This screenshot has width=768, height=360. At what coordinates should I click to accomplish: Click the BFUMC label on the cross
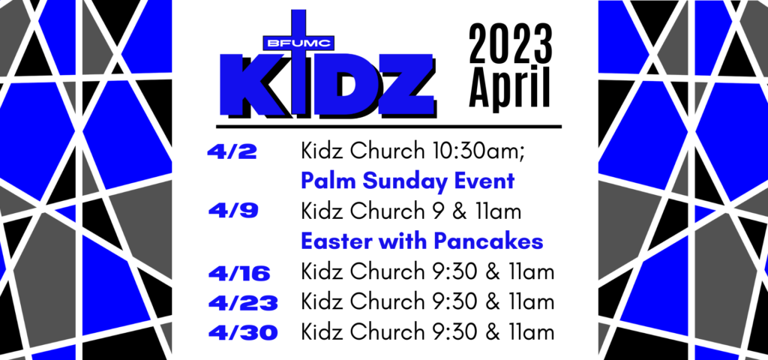point(298,43)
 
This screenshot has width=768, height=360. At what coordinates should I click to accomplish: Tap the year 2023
point(511,44)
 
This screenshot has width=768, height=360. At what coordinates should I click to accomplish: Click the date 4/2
point(232,152)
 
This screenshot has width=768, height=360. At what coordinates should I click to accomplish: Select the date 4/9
point(232,211)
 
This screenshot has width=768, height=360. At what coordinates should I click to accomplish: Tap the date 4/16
point(239,273)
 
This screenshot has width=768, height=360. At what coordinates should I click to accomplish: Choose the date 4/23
point(243,303)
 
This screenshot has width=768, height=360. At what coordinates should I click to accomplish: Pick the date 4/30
point(243,333)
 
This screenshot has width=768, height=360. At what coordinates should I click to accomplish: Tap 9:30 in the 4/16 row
point(455,271)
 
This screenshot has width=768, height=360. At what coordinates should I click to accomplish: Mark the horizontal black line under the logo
point(389,126)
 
